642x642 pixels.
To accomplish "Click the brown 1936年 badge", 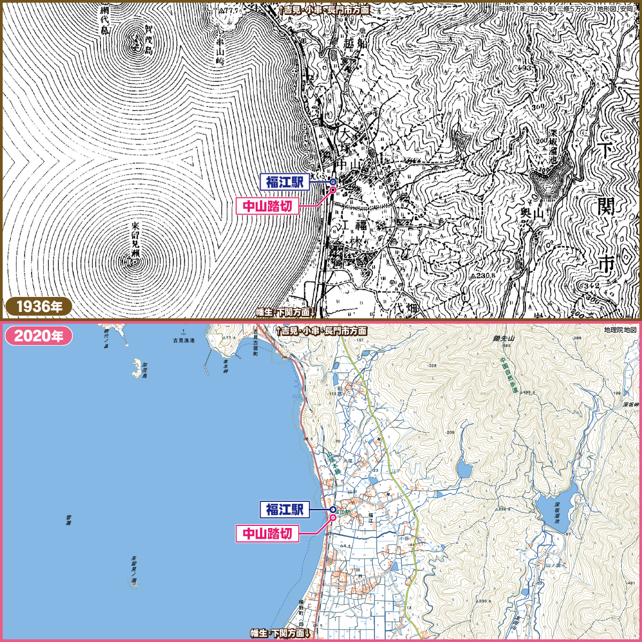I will (39, 307).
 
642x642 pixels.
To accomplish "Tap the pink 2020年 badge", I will (39, 337).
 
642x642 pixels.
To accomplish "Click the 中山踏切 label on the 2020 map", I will (267, 533).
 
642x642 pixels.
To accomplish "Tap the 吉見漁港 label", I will (184, 340).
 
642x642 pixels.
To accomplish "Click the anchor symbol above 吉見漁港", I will (184, 333).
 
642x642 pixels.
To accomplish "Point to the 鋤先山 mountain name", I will (503, 339).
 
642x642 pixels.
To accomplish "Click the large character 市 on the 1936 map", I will (606, 264).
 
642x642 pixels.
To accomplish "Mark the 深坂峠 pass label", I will (631, 405).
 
